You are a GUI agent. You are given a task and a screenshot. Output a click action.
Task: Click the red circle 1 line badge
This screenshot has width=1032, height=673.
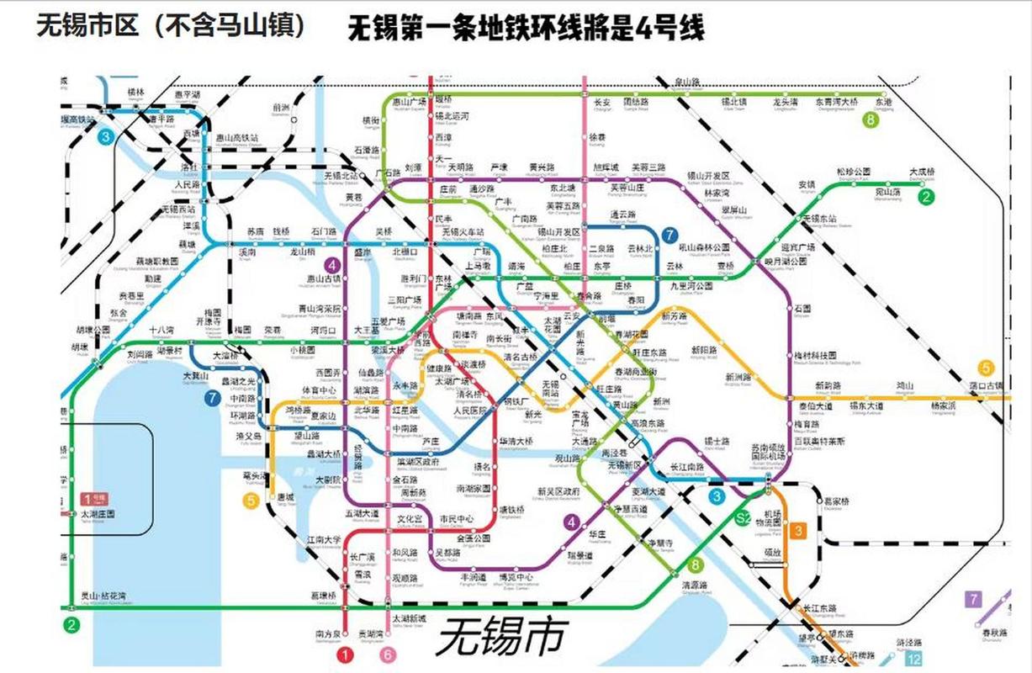pyautogui.click(x=344, y=654)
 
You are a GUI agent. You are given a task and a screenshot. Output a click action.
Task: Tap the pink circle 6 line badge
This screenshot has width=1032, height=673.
pyautogui.click(x=387, y=654)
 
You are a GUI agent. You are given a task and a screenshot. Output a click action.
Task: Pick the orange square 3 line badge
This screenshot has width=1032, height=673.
pyautogui.click(x=798, y=531)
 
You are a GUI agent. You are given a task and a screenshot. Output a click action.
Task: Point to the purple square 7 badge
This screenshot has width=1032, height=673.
pyautogui.click(x=973, y=600)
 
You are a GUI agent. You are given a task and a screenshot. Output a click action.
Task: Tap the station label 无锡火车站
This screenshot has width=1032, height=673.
pyautogui.click(x=463, y=231)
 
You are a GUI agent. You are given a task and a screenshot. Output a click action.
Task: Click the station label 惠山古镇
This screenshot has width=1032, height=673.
pyautogui.click(x=325, y=278)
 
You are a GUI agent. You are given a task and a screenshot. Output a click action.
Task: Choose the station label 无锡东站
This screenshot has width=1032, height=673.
pyautogui.click(x=819, y=219)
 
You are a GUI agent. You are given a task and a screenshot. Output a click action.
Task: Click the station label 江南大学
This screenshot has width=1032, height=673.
pyautogui.click(x=324, y=539)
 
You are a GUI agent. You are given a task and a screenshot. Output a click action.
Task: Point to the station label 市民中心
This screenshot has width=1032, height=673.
pyautogui.click(x=458, y=518)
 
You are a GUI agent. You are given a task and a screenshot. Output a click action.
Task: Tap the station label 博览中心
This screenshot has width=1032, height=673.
pyautogui.click(x=516, y=577)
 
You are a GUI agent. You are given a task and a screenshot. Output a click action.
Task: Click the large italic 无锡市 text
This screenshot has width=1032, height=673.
pyautogui.click(x=501, y=635)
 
